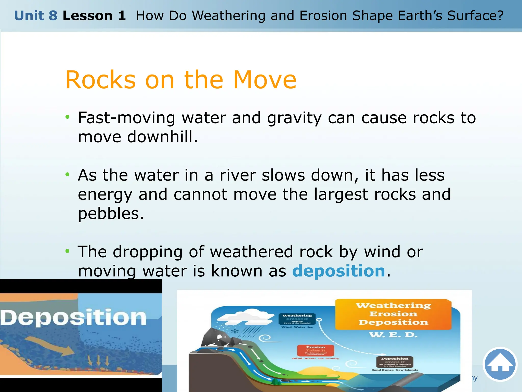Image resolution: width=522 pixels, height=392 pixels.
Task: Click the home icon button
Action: point(500,364)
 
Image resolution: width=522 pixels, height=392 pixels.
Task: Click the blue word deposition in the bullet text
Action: point(338,271)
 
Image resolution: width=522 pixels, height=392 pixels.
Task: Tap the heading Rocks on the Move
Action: point(181,80)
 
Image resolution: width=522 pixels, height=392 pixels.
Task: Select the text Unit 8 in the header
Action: point(36,16)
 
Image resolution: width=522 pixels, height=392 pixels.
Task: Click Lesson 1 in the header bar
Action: point(94,16)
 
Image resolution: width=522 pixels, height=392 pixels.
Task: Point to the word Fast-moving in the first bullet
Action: point(126,118)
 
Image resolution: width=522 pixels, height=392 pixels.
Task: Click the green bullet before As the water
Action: point(67,175)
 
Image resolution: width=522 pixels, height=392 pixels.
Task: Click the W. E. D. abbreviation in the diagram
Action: point(393,335)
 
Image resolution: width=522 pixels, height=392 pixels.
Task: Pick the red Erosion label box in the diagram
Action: point(316,351)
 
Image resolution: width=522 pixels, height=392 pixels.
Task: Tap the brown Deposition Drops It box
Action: point(395,362)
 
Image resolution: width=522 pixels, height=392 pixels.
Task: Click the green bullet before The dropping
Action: point(67,251)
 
